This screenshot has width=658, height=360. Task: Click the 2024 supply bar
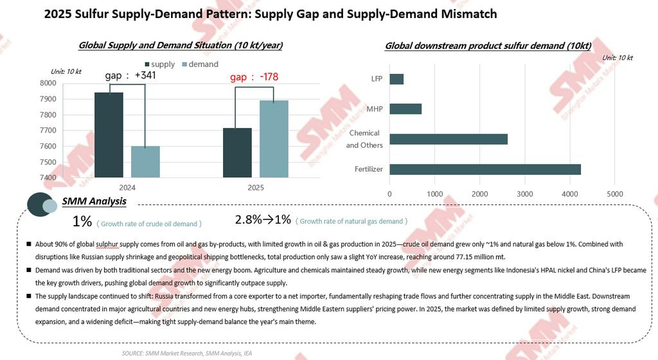(109, 135)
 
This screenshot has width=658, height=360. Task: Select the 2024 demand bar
(145, 161)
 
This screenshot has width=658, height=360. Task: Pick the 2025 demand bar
(274, 139)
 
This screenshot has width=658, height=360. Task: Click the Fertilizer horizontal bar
(485, 169)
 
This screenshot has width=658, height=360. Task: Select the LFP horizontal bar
(396, 79)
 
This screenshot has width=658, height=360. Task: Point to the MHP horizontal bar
(405, 109)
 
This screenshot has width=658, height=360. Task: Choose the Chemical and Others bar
(449, 139)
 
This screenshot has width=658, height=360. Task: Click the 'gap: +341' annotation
(130, 75)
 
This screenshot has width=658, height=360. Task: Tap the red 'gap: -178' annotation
(254, 78)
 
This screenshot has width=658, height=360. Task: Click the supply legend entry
(159, 64)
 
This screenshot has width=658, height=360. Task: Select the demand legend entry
(200, 64)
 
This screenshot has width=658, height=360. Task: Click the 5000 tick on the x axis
(615, 194)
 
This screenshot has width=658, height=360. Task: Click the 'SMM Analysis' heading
(94, 201)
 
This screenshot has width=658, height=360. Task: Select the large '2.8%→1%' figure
(263, 219)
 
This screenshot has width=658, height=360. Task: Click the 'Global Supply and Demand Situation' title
(181, 46)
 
